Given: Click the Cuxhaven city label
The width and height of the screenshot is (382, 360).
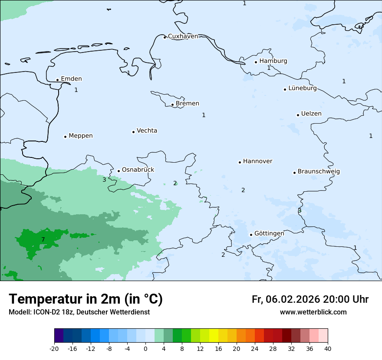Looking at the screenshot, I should coord(183,36).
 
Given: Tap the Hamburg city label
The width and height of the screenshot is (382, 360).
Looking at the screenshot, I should coord(273,61).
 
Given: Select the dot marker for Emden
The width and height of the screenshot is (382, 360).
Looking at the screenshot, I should coord(57,80).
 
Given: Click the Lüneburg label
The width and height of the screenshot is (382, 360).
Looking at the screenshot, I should coord(302,88).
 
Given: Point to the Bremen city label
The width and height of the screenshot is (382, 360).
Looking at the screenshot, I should coord(187,104).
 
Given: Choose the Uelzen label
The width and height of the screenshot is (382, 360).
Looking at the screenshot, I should coord(311,114).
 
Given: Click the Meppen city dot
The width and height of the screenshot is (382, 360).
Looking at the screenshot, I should coord(65,137).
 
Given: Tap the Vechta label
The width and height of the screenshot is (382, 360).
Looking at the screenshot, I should coord(147,131).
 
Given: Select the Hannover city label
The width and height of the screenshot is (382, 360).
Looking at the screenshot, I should coord(257,161).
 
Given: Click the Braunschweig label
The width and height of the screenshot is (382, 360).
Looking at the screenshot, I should coord(318,171).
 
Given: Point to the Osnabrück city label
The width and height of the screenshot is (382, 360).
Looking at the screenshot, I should coord(138,170).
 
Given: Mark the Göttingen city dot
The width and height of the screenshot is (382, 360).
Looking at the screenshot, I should coord(251,235).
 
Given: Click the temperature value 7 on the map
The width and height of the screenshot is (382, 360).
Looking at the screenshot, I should coord(43,239).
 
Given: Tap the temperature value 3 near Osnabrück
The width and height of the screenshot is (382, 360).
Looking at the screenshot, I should coord(104,180).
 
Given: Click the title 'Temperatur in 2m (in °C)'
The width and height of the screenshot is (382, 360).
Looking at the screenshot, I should coord(86,299).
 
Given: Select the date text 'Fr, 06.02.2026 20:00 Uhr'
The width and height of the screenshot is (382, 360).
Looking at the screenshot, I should coord(310,299).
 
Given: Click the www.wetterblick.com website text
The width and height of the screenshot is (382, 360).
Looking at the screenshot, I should coord(313,312).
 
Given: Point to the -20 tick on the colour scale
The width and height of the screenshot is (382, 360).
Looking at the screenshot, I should coord(54,349).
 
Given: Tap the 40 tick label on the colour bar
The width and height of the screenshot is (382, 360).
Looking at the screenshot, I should coord(328,349).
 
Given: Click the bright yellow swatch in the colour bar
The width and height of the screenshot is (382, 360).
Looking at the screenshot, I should coord(214,336).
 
